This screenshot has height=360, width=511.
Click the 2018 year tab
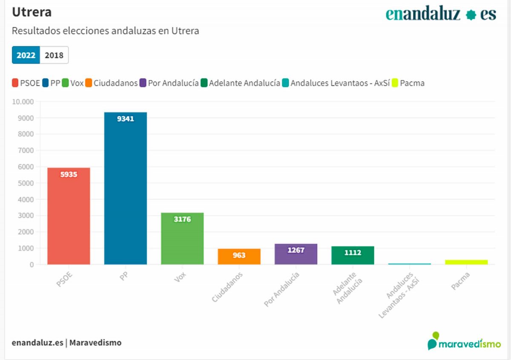click(54, 55)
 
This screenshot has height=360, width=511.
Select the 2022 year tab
click(26, 55)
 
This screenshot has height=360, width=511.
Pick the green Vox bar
click(182, 239)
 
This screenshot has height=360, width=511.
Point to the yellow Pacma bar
click(466, 262)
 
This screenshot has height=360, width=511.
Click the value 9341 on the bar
click(126, 119)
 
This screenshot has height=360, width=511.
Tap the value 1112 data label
click(353, 253)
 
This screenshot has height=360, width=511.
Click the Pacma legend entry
click(408, 83)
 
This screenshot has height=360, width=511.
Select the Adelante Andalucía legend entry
click(241, 83)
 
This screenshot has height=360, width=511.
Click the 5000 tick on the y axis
click(26, 183)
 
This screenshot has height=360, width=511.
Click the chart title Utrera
click(32, 12)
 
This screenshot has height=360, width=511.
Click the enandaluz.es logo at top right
click(441, 14)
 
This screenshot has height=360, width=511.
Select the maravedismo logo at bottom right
click(464, 342)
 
